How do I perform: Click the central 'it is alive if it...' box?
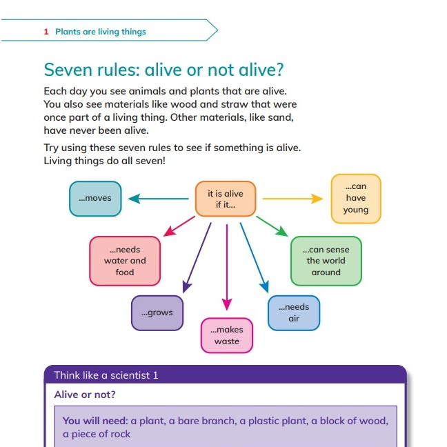click(x=226, y=199)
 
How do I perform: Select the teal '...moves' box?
click(x=95, y=199)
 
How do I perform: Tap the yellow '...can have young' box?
click(x=356, y=199)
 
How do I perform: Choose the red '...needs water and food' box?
click(x=125, y=261)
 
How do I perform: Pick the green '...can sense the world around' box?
click(x=326, y=261)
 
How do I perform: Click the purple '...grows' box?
click(x=157, y=312)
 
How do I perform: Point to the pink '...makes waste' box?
click(x=227, y=336)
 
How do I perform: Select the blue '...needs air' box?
click(x=294, y=312)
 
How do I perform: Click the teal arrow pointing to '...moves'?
click(x=159, y=199)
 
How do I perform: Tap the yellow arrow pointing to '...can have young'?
click(x=293, y=199)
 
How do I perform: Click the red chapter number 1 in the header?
click(x=46, y=32)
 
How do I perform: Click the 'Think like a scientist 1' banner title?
click(x=106, y=375)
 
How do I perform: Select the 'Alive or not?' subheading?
click(x=85, y=395)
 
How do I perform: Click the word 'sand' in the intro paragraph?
click(x=282, y=117)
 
